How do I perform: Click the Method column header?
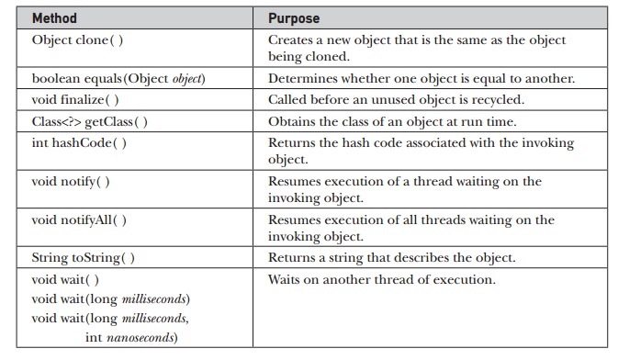click(54, 18)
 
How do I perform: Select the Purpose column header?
click(294, 18)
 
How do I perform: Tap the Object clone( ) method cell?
click(77, 39)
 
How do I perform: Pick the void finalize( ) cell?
click(75, 99)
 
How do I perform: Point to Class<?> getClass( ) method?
click(89, 121)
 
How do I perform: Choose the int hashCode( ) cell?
click(79, 142)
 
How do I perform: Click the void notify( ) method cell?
click(71, 182)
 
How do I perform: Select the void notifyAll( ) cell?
click(79, 219)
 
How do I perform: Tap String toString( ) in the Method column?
click(84, 257)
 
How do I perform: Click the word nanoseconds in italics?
click(140, 338)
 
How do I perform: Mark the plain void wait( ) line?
click(65, 279)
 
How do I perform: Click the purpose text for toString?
click(392, 257)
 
